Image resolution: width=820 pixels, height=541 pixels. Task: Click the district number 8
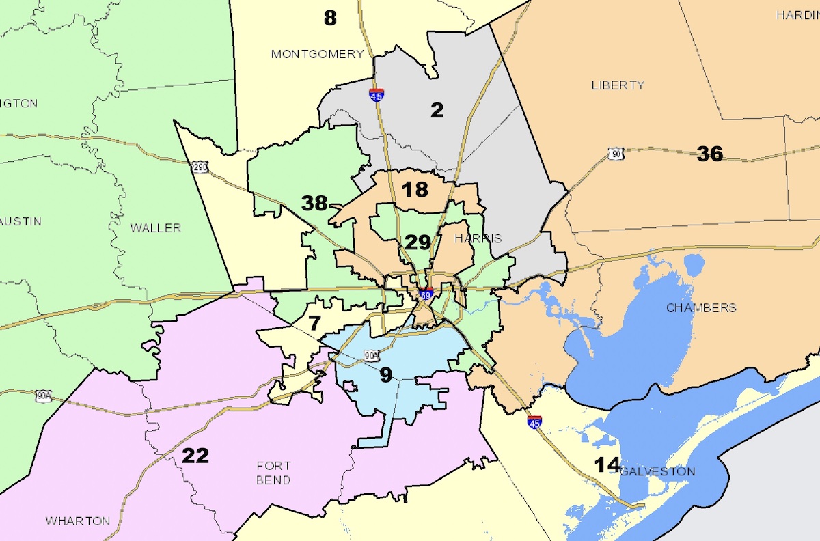[330, 18]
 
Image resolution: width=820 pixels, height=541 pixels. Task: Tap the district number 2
[437, 110]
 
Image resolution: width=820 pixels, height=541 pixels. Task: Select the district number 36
[709, 154]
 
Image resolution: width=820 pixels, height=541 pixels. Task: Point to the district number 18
[415, 189]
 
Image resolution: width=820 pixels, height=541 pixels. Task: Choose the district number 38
[315, 202]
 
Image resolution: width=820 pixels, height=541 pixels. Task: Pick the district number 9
[386, 374]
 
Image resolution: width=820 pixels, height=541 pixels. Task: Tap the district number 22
[195, 456]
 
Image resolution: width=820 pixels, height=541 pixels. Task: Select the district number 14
[607, 465]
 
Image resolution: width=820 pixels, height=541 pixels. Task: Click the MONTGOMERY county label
[317, 54]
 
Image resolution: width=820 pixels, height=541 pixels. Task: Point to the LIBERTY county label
[618, 85]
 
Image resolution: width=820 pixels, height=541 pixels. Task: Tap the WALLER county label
[156, 228]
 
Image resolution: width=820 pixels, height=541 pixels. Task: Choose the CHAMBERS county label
[701, 308]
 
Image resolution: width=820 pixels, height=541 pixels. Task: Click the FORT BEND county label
[273, 473]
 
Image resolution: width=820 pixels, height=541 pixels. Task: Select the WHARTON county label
[78, 521]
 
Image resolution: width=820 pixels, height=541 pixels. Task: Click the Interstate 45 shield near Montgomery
[376, 95]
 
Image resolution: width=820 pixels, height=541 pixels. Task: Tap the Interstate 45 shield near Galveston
[534, 422]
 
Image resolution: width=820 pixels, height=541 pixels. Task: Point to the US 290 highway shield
[199, 167]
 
